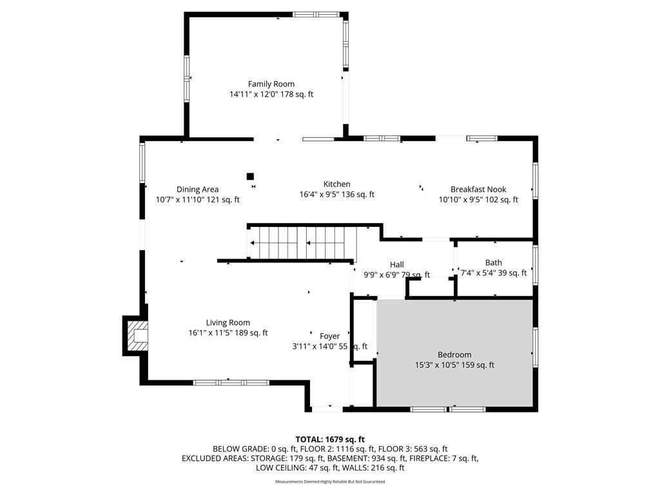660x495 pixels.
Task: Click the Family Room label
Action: pos(271,84)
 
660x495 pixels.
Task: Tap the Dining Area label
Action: pos(197,189)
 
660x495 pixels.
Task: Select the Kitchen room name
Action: pos(336,184)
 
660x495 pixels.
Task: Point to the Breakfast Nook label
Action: pos(478,189)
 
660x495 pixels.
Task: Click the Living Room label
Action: pos(228,323)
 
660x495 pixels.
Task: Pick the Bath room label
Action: pos(493,263)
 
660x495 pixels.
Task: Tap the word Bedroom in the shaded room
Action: pos(454,355)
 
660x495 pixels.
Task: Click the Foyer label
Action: pos(329,336)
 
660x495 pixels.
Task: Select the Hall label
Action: pos(396,265)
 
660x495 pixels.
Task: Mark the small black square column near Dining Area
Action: pos(250,177)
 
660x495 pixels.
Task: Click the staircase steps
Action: pos(303,243)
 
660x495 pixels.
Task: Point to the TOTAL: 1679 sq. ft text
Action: pos(330,440)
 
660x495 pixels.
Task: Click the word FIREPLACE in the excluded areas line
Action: pos(432,458)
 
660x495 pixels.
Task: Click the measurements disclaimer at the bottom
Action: pos(330,481)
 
